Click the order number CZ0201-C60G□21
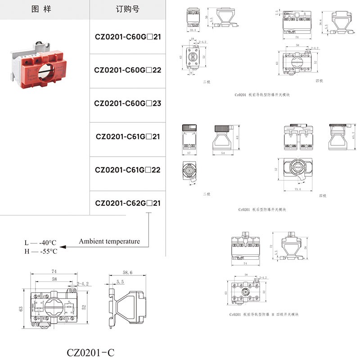pyautogui.click(x=127, y=37)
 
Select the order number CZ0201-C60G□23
pyautogui.click(x=127, y=103)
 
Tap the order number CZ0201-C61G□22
pyautogui.click(x=127, y=170)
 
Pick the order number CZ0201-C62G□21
pyautogui.click(x=127, y=203)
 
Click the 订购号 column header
pyautogui.click(x=127, y=9)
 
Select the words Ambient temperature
pyautogui.click(x=109, y=242)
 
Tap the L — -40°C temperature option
pyautogui.click(x=41, y=243)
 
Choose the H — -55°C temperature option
pyautogui.click(x=41, y=251)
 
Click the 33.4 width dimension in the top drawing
pyautogui.click(x=192, y=31)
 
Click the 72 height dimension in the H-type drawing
pyautogui.click(x=272, y=247)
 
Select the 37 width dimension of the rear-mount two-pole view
pyautogui.click(x=189, y=153)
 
